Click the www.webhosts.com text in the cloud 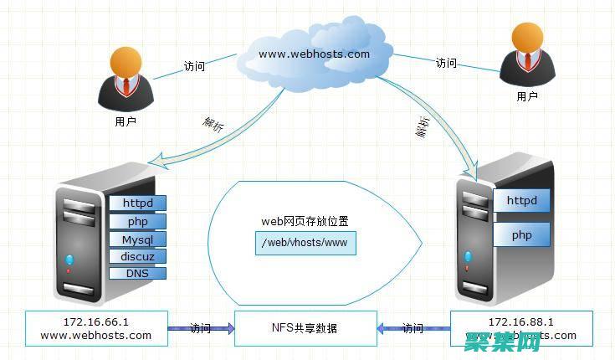pos(314,54)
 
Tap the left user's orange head pos(125,61)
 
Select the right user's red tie pos(526,63)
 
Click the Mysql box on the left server pos(137,240)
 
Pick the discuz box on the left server pos(137,256)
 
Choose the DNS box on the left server pos(137,273)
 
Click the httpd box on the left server pos(137,203)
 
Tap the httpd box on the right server pos(521,201)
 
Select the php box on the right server pos(521,235)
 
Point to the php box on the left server pos(137,222)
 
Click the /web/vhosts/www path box pos(304,244)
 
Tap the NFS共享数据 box pos(304,328)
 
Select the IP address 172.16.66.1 pos(96,321)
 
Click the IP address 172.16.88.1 pos(520,321)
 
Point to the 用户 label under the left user pos(125,121)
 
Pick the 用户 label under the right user pos(527,97)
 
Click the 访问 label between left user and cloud pos(194,67)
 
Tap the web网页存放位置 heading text pos(305,222)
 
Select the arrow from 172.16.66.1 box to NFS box pos(201,329)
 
